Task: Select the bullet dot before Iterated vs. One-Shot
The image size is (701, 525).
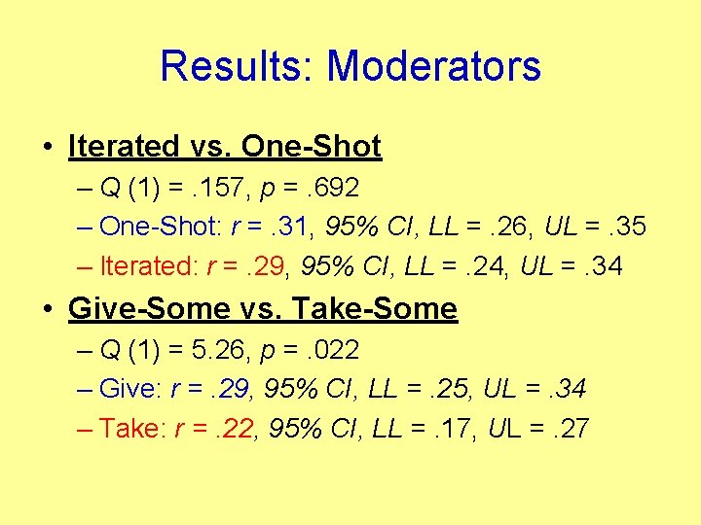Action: point(48,148)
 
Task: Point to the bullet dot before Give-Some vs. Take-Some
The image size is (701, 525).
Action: point(48,309)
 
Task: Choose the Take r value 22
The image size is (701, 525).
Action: point(234,428)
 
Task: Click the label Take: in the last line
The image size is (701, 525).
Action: point(132,428)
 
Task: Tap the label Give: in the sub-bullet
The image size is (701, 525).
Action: point(131,389)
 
